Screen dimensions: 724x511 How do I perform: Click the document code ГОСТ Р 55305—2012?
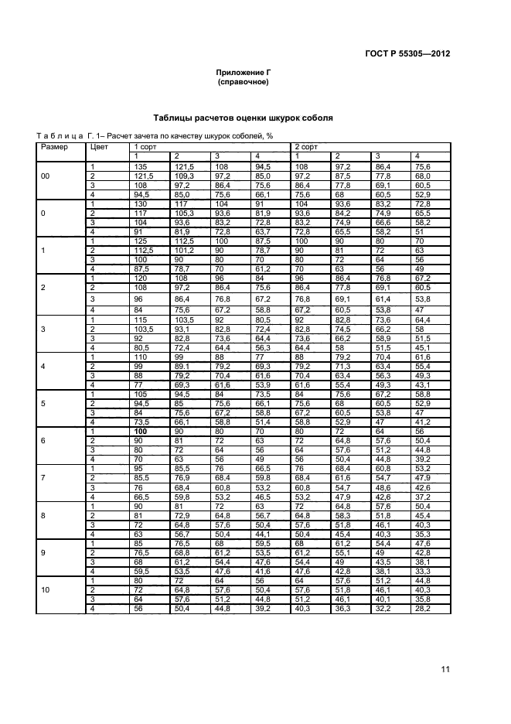click(411, 55)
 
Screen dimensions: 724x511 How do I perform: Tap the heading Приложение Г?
click(243, 71)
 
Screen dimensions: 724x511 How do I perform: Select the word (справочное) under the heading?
click(243, 81)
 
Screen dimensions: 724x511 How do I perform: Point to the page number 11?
click(445, 669)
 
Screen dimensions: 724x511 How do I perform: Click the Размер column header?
click(52, 146)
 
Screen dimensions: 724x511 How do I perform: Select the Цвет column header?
click(100, 146)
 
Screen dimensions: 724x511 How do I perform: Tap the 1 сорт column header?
click(146, 146)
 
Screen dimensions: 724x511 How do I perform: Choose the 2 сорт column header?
click(305, 146)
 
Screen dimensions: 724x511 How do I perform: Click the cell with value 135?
click(141, 166)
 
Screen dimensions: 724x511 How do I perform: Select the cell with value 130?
click(141, 203)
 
